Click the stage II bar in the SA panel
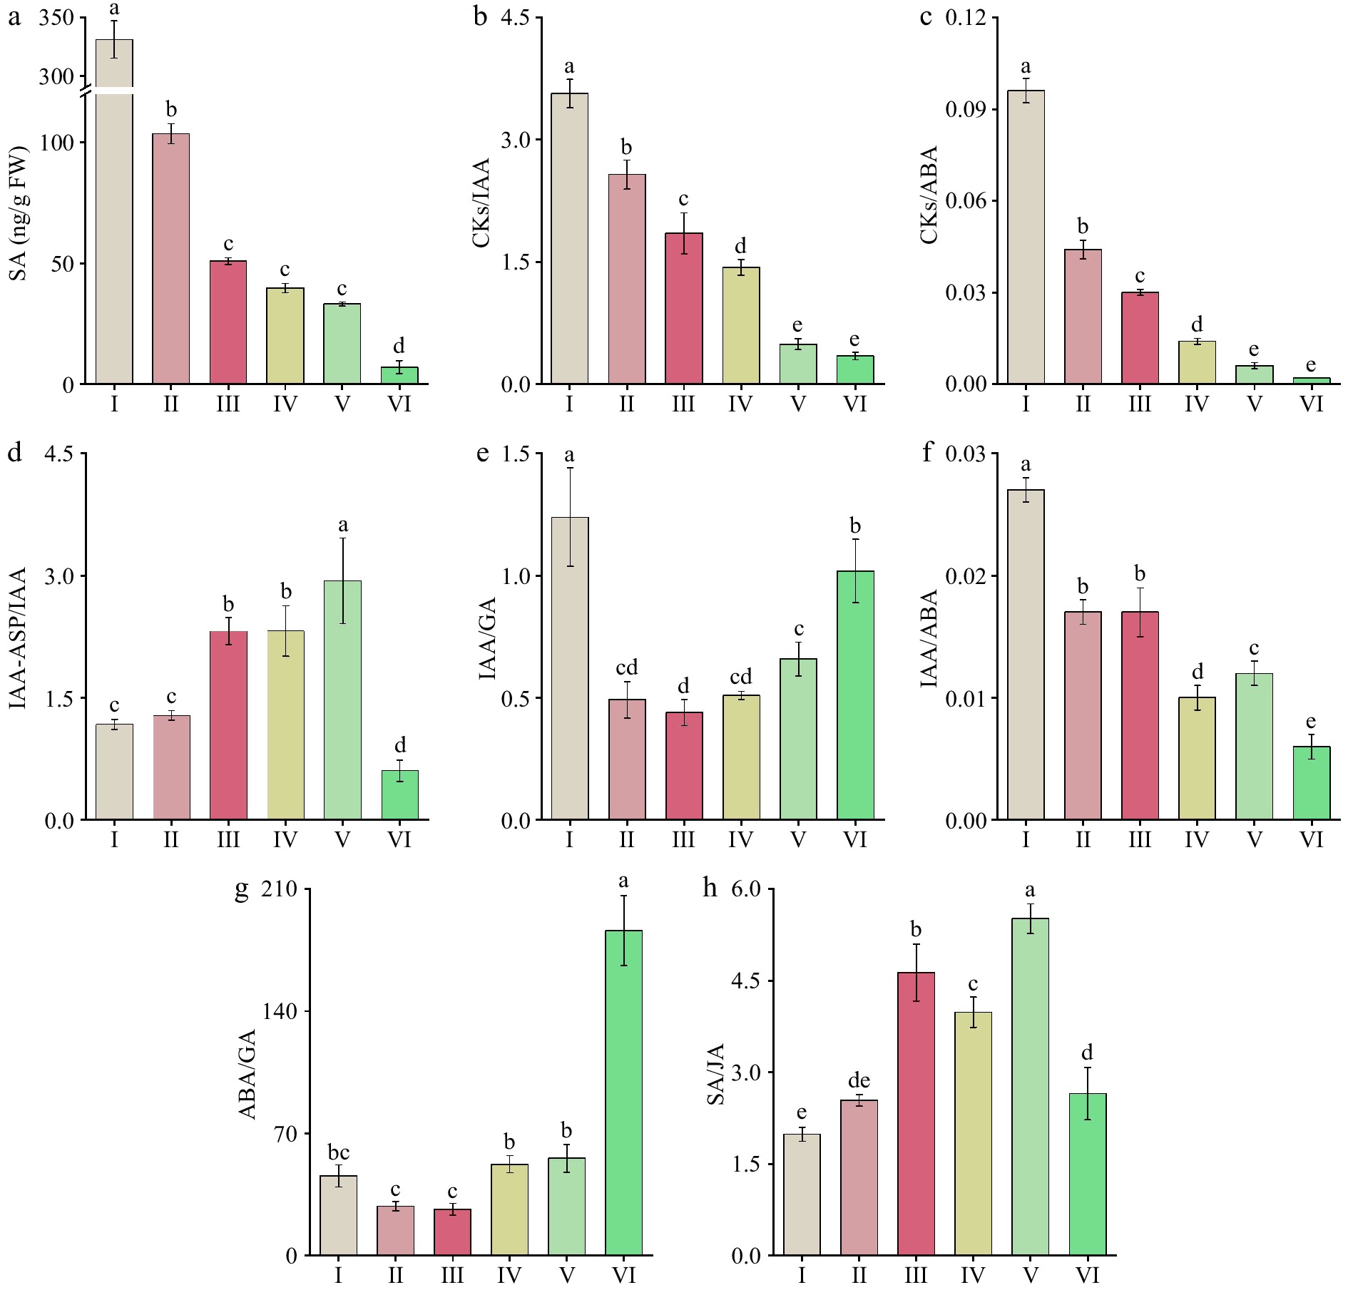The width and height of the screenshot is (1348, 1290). point(171,259)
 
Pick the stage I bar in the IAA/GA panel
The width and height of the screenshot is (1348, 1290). point(570,668)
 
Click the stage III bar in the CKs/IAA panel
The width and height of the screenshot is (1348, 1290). point(683,309)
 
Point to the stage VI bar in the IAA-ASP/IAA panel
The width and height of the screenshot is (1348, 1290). point(400,794)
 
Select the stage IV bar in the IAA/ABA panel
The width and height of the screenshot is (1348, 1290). point(1197,758)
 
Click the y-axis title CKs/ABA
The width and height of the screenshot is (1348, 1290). point(929,195)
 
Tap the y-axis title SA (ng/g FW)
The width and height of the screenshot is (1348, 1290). point(18,214)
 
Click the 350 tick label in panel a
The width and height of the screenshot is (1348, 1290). point(56,18)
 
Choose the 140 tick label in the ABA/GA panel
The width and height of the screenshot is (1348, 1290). point(280,1011)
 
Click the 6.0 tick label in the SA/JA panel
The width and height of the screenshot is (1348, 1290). point(746,889)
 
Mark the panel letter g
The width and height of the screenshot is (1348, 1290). point(242,891)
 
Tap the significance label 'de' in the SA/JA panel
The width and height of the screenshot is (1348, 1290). point(859,1080)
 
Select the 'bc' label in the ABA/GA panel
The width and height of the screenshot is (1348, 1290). point(338,1152)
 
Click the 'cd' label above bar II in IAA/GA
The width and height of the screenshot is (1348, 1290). point(626,667)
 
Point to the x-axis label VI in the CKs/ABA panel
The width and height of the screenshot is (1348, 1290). point(1311,404)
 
